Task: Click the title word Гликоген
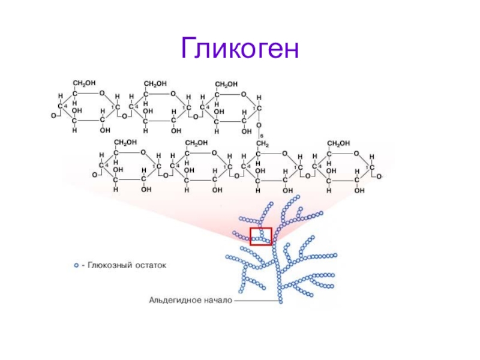240,49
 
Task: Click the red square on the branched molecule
261,236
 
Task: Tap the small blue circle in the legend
76,265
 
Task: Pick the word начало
215,298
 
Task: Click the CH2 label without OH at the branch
262,144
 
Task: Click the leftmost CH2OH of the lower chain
125,143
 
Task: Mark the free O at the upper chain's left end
53,115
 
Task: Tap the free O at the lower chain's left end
95,175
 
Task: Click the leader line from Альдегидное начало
254,299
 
